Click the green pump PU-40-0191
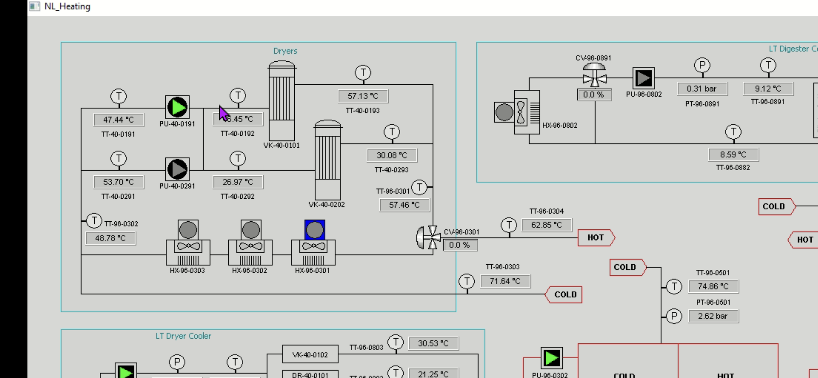[x=177, y=107]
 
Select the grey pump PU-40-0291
[x=177, y=169]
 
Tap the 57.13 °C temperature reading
[x=363, y=96]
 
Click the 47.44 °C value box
[x=119, y=120]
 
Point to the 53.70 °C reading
[x=119, y=182]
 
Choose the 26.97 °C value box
[x=238, y=182]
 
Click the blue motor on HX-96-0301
[x=314, y=230]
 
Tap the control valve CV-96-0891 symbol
[x=594, y=76]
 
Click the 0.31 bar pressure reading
[x=702, y=89]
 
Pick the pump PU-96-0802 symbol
[x=643, y=78]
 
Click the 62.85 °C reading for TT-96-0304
[x=547, y=225]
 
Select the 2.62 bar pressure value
[x=713, y=316]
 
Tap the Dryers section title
[x=285, y=51]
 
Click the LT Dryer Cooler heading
[x=183, y=336]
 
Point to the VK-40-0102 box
[x=310, y=354]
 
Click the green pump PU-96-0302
[x=551, y=358]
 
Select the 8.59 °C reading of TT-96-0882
[x=733, y=154]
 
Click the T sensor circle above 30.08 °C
[x=392, y=132]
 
